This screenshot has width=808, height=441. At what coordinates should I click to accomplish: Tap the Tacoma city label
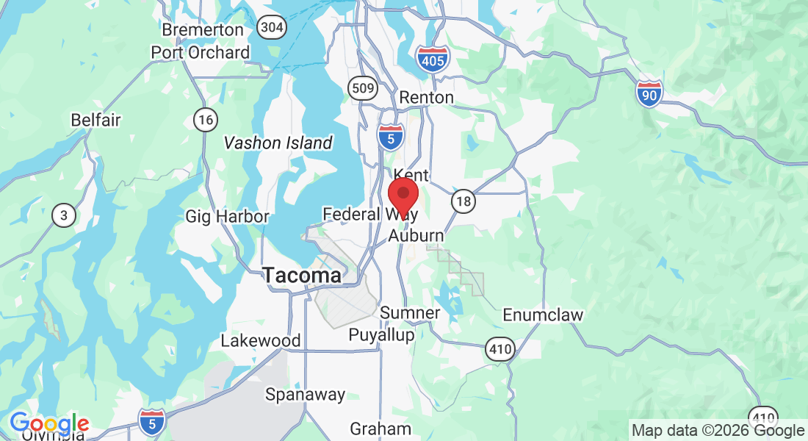302,276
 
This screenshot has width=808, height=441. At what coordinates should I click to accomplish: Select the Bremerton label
203,30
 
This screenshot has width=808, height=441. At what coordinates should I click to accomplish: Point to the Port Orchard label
201,53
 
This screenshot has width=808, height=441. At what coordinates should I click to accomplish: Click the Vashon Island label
278,143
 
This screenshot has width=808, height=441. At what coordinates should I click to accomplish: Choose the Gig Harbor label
227,216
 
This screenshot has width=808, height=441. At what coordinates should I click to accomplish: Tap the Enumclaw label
543,315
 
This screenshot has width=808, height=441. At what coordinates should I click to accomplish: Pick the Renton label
426,97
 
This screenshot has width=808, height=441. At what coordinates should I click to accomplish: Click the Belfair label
95,120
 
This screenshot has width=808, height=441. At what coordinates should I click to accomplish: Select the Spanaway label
305,394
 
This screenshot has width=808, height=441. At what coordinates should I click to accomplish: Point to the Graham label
380,429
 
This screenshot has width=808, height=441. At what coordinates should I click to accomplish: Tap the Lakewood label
261,341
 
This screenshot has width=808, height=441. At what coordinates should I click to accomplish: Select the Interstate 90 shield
649,93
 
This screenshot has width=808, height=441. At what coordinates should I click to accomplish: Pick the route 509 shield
363,88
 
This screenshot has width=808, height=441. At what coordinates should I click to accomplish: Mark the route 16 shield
205,119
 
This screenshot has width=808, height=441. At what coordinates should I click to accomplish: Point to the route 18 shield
463,201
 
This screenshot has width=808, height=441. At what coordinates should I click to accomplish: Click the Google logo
49,424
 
